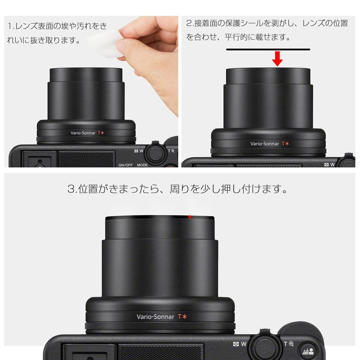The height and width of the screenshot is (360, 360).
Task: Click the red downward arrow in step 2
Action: tap(277, 58)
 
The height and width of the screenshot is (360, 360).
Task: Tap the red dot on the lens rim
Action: tap(190, 217)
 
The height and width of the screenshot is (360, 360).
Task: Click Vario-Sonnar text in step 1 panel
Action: tap(83, 133)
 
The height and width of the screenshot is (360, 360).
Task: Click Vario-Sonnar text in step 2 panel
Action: tap(264, 143)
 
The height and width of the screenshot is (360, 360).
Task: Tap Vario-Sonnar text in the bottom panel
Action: tap(155, 317)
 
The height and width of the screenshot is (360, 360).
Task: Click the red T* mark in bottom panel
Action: tap(182, 316)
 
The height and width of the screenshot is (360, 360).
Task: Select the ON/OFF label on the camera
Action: tap(126, 165)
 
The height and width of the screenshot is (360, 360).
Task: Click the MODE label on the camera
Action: tap(142, 165)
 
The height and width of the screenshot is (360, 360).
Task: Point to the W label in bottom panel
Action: tap(243, 344)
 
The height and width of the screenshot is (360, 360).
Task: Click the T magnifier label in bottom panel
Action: tap(289, 344)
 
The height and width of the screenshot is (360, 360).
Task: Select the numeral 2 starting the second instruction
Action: tap(189, 24)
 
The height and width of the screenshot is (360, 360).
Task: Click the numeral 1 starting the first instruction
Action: tap(9, 26)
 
